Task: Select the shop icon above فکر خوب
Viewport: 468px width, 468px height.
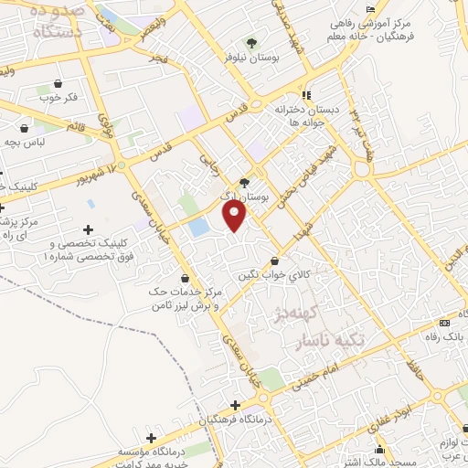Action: pyautogui.click(x=59, y=82)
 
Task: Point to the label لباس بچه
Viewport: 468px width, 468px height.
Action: pyautogui.click(x=23, y=142)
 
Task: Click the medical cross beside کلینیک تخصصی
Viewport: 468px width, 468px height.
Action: pyautogui.click(x=88, y=229)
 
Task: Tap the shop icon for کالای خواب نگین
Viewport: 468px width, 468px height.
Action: pyautogui.click(x=274, y=261)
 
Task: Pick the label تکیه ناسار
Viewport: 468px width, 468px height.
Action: pyautogui.click(x=332, y=340)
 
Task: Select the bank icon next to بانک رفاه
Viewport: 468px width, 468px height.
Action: pyautogui.click(x=445, y=323)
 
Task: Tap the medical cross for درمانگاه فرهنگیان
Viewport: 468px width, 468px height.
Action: pyautogui.click(x=236, y=404)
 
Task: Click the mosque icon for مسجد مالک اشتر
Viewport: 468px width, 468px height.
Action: pyautogui.click(x=380, y=450)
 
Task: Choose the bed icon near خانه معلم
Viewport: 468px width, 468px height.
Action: pyautogui.click(x=370, y=9)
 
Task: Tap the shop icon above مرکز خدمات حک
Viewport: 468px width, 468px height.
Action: pyautogui.click(x=186, y=278)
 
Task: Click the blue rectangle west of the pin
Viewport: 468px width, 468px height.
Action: pyautogui.click(x=198, y=228)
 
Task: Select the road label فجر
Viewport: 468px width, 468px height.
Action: pyautogui.click(x=162, y=59)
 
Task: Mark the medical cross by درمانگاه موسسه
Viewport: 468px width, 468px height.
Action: pyautogui.click(x=151, y=439)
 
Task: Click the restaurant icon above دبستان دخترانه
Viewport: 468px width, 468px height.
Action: pyautogui.click(x=307, y=95)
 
